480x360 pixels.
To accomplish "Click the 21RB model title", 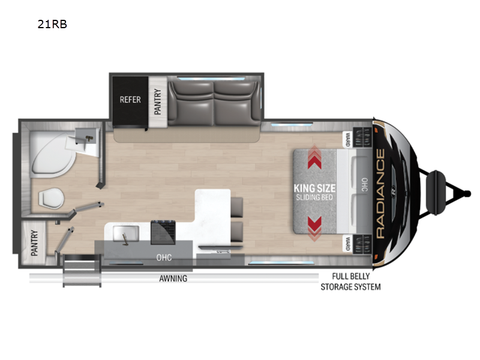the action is point(52,24).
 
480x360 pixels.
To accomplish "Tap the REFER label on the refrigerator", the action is point(130,100).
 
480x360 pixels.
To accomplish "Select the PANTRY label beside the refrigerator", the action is point(157,101).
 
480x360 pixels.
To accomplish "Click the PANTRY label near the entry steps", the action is point(35,243).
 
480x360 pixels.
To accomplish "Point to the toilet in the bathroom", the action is point(51,198).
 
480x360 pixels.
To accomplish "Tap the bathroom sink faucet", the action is point(89,139).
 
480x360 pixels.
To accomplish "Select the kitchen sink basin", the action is point(126,233).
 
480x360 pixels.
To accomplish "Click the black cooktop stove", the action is point(163,232).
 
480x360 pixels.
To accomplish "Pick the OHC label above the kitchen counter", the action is point(164,257).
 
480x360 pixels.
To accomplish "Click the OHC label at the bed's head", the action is point(364,185).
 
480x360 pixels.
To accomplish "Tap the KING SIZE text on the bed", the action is point(314,188).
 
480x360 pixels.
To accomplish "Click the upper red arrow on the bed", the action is point(314,157).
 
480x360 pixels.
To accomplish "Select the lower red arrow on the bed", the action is point(314,229).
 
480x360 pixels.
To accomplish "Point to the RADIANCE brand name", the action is point(380,193).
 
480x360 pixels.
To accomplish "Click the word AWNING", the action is point(173,278).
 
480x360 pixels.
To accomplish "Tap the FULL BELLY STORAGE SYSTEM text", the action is point(350,281).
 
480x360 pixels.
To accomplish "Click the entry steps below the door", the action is point(82,271).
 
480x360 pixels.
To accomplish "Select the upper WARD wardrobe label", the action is point(348,139).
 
